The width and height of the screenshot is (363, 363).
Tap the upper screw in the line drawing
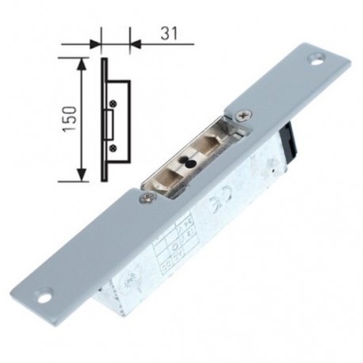[x=113, y=101]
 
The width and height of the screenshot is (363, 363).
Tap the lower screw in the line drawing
[x=113, y=147]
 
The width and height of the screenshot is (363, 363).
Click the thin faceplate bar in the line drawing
[x=104, y=119]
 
